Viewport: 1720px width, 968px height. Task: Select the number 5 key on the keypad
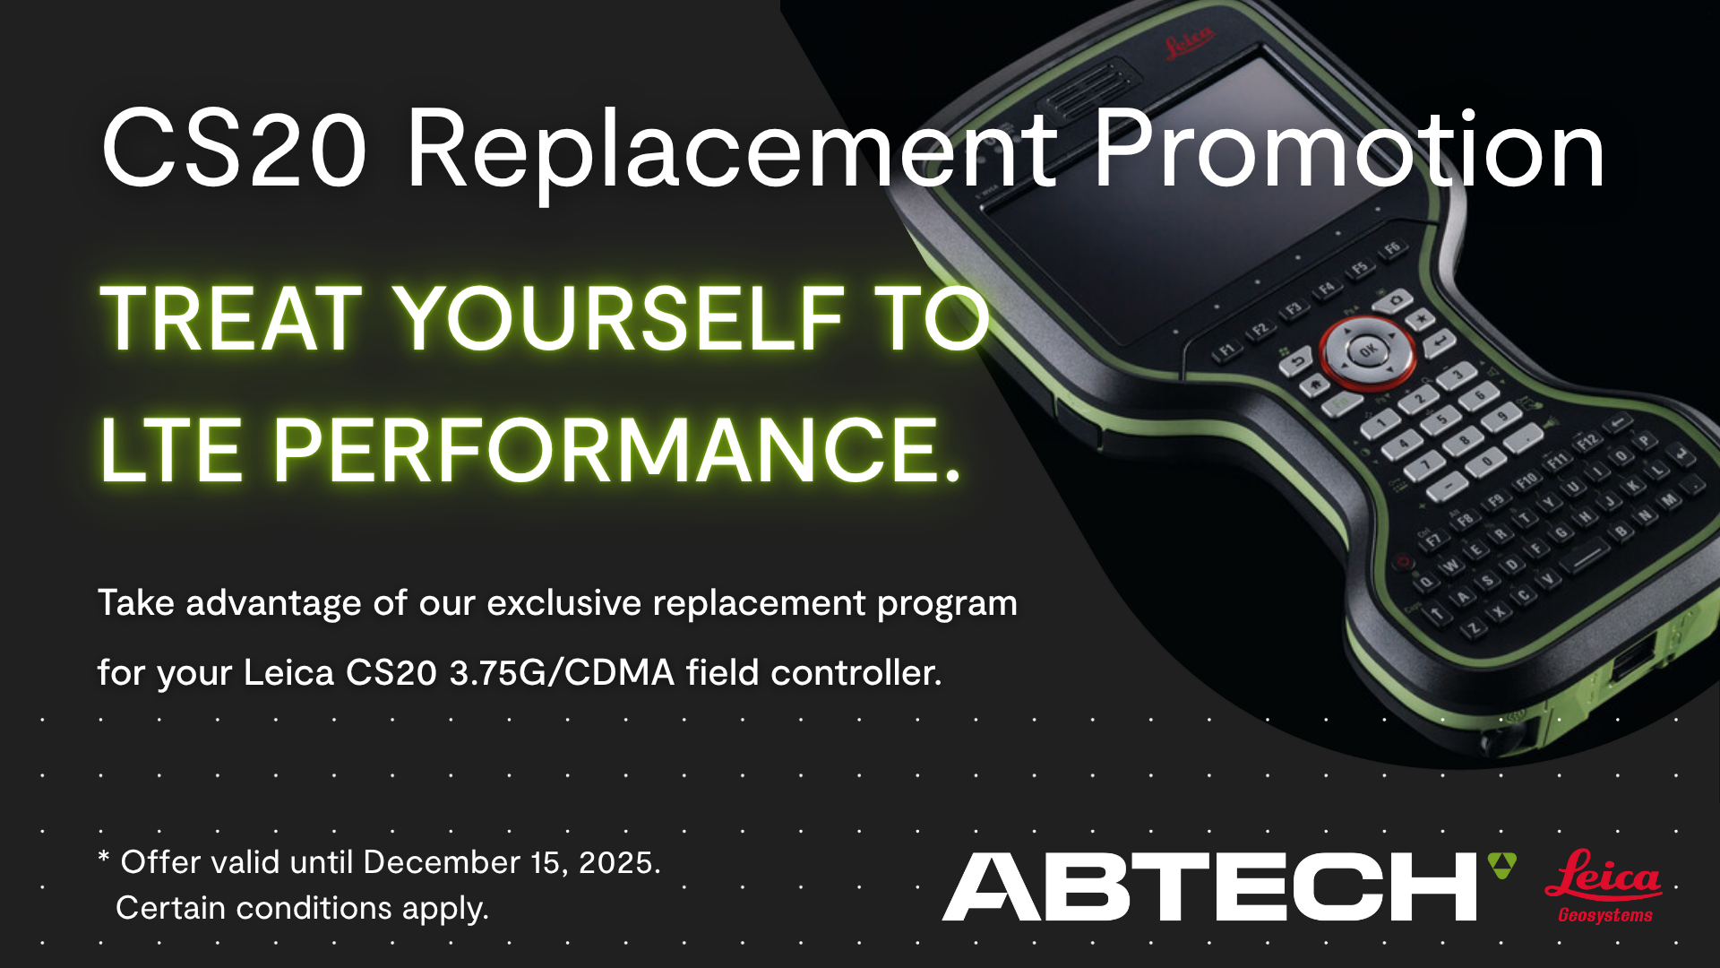pyautogui.click(x=1441, y=419)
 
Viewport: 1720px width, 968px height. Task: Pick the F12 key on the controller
pyautogui.click(x=1587, y=441)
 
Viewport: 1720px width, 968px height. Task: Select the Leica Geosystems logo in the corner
pyautogui.click(x=1604, y=886)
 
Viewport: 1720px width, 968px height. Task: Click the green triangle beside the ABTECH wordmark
pyautogui.click(x=1502, y=865)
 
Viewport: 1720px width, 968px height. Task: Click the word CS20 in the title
pyautogui.click(x=234, y=148)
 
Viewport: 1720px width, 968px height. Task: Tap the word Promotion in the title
pyautogui.click(x=1348, y=148)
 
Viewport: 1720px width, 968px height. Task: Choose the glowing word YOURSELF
pyautogui.click(x=620, y=318)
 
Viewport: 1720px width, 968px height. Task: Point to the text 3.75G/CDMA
pyautogui.click(x=562, y=672)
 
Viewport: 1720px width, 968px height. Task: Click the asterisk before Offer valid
pyautogui.click(x=104, y=857)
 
